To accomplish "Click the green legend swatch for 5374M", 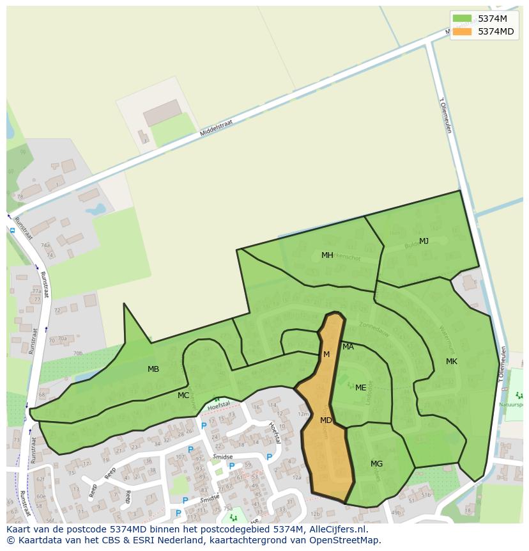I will (462, 19).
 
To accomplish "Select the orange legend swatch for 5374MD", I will (462, 31).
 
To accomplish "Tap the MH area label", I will (327, 255).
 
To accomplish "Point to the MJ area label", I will (424, 241).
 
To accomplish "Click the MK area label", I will (452, 362).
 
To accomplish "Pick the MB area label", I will (153, 369).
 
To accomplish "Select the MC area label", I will (183, 395).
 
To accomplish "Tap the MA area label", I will (348, 347).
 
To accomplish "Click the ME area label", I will (361, 388).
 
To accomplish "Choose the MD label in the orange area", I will (326, 420).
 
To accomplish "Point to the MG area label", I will (376, 464).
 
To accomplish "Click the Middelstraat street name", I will (216, 127).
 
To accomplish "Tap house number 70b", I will (77, 353).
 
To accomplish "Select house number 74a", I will (45, 245).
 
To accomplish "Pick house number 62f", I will (40, 479).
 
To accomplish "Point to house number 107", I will (180, 457).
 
